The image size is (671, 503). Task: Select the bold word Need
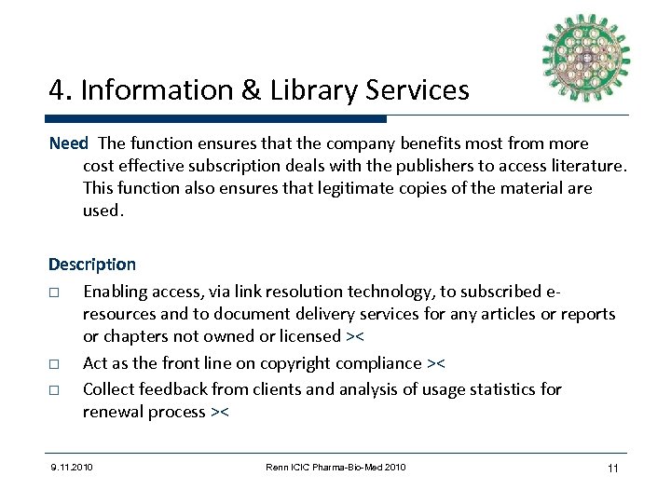[68, 144]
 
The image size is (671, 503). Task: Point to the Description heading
[92, 265]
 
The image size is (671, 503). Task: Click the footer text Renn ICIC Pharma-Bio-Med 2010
[335, 466]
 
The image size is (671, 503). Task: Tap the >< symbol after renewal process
[221, 411]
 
